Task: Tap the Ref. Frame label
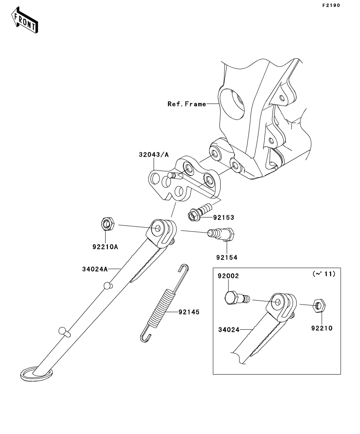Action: point(187,104)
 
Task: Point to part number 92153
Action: point(224,217)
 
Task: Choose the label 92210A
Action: point(106,247)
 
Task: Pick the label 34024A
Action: point(95,269)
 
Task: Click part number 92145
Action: point(189,312)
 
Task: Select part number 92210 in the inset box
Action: point(322,328)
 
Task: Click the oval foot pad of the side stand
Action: point(35,373)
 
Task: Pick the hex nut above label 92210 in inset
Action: point(319,304)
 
